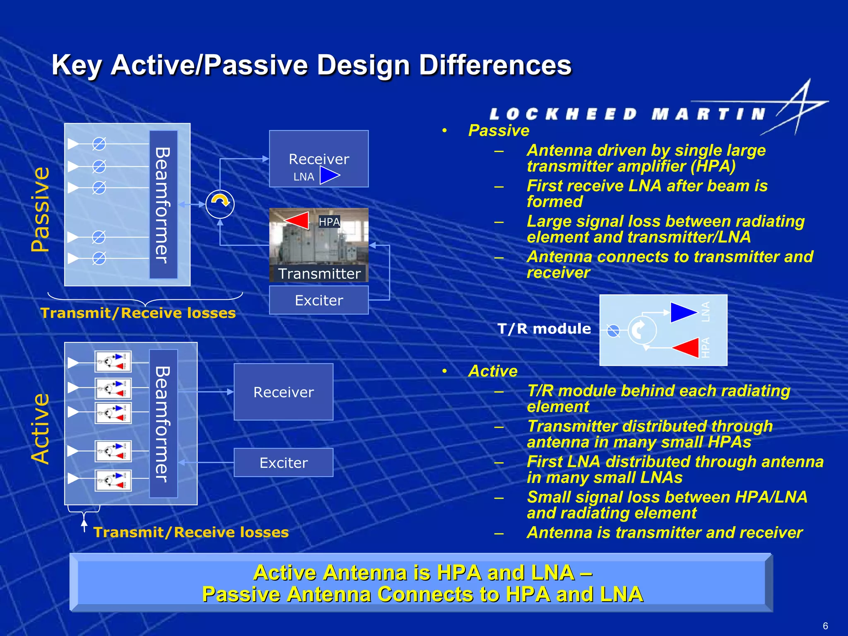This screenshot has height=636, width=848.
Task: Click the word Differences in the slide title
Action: [x=495, y=65]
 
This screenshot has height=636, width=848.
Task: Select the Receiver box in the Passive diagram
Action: [x=318, y=159]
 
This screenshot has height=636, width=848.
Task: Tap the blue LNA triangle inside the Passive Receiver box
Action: [x=329, y=176]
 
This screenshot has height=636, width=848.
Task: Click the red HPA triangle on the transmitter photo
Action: [x=298, y=220]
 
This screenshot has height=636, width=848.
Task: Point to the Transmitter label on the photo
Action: [x=319, y=274]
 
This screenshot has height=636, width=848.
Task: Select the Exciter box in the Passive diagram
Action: [x=318, y=300]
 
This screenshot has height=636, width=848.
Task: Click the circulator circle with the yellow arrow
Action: [x=220, y=204]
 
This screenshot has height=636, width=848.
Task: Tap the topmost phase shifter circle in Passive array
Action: [x=99, y=144]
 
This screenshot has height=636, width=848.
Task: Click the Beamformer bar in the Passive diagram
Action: [x=163, y=205]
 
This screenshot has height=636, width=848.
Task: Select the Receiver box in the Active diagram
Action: [x=283, y=392]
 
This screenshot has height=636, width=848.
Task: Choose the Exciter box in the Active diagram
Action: [x=283, y=463]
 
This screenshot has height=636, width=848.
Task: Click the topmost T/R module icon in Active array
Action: [x=113, y=361]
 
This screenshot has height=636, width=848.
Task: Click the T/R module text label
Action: [x=544, y=329]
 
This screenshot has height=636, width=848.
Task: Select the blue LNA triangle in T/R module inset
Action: [x=683, y=312]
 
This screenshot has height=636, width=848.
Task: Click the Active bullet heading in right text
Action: [x=492, y=371]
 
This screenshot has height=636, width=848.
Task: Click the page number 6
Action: [x=825, y=626]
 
